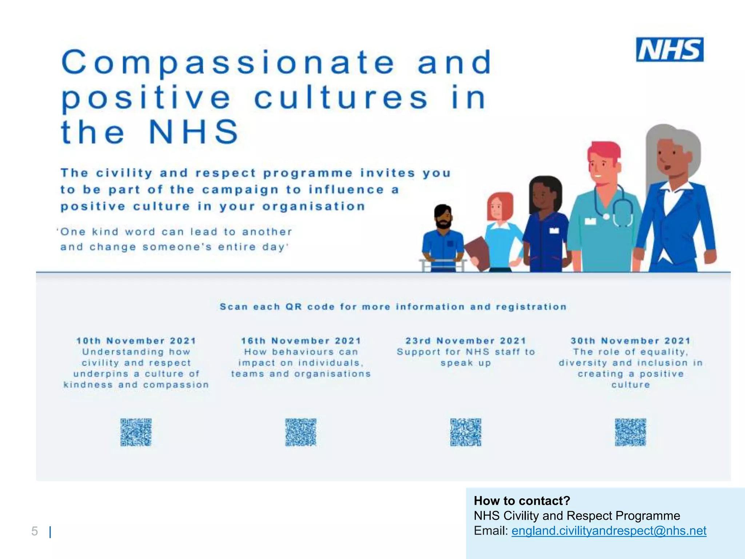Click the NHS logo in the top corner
pyautogui.click(x=669, y=49)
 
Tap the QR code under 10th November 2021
pyautogui.click(x=136, y=432)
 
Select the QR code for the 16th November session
pyautogui.click(x=300, y=432)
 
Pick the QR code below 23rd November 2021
pyautogui.click(x=466, y=432)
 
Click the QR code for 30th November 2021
pyautogui.click(x=630, y=432)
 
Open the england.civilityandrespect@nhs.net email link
pyautogui.click(x=609, y=531)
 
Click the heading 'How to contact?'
pyautogui.click(x=522, y=501)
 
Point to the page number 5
pyautogui.click(x=35, y=531)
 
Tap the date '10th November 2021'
pyautogui.click(x=136, y=341)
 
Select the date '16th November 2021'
pyautogui.click(x=301, y=341)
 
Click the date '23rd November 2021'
pyautogui.click(x=466, y=341)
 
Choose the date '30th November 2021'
pyautogui.click(x=630, y=341)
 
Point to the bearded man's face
pyautogui.click(x=443, y=217)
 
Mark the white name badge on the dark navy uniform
pyautogui.click(x=554, y=230)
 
